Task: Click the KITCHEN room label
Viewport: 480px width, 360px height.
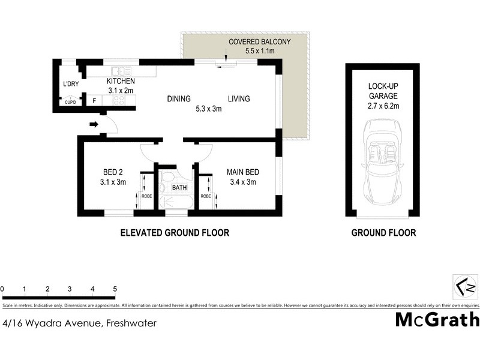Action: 120,82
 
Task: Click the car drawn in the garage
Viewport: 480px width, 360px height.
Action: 382,162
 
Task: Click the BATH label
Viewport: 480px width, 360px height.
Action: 179,188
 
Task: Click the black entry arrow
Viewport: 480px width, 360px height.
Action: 94,125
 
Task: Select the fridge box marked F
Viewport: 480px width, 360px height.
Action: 94,101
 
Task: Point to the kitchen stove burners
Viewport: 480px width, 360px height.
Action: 118,101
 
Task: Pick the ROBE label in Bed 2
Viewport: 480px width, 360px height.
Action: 146,196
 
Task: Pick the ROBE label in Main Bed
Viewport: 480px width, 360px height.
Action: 205,196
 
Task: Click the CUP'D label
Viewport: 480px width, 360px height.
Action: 71,103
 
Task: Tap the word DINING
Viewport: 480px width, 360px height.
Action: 178,99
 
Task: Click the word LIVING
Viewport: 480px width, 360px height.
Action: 238,99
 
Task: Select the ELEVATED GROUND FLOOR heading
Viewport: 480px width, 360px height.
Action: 175,233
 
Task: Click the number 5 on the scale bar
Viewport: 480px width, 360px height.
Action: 114,289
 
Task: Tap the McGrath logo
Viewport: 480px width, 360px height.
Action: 437,319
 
